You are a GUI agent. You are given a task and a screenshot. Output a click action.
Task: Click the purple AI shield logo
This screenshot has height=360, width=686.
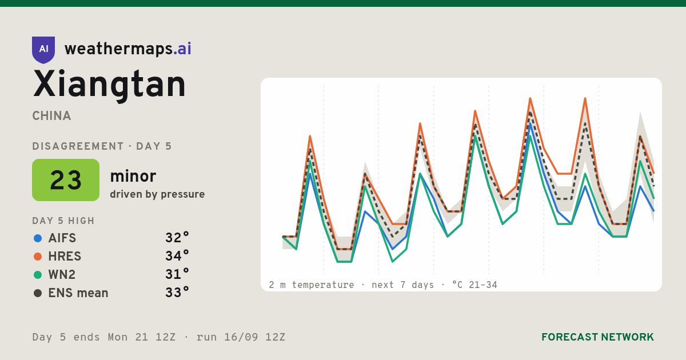coord(43,50)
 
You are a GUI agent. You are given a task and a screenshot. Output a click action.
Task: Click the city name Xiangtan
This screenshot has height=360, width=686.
coord(109,85)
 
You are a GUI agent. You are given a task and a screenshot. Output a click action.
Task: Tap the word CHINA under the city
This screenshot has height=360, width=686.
coord(51,116)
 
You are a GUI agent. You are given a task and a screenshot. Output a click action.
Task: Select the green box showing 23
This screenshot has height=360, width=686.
coord(66,180)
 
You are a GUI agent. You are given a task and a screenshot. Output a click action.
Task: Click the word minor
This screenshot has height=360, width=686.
coord(133,176)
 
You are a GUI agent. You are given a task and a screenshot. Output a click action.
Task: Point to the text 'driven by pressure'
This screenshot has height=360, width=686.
coord(157,194)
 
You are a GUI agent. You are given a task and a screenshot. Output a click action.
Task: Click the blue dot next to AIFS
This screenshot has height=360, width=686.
coord(38,238)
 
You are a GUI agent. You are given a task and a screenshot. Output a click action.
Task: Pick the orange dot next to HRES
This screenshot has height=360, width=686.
coord(38,257)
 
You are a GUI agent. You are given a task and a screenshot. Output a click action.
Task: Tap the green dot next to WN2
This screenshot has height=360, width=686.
coord(38,275)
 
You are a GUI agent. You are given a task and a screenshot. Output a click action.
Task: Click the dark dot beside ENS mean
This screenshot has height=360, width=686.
coord(38,293)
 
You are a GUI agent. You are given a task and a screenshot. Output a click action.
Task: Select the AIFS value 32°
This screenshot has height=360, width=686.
coord(177,238)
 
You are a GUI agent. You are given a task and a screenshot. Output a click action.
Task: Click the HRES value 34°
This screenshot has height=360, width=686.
coord(177,256)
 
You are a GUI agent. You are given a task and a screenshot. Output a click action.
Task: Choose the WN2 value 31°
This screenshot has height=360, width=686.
coord(177,274)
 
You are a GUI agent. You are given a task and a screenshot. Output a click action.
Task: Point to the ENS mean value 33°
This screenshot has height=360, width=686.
coord(177,293)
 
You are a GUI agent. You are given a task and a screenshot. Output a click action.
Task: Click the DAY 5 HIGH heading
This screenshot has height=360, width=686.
coord(63,221)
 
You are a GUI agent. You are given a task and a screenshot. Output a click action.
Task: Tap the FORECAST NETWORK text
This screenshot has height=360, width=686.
coord(597,337)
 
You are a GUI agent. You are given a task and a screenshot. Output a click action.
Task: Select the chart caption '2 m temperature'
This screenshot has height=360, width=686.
coord(311,285)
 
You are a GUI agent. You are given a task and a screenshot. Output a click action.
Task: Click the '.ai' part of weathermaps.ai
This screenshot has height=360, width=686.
coord(182,49)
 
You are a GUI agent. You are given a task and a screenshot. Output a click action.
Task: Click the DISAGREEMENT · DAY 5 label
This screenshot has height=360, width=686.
coord(102,146)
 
